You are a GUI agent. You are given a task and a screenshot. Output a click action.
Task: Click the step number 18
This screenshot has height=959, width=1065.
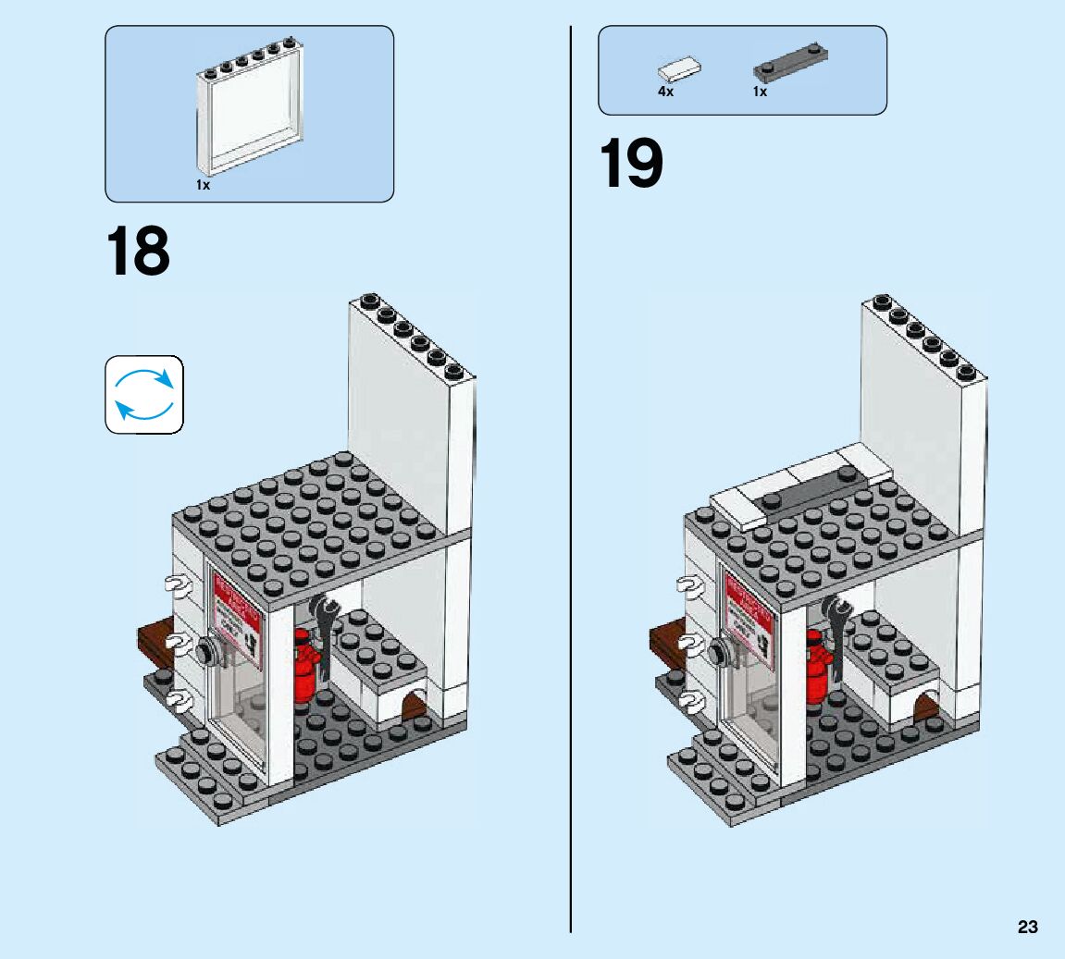[x=139, y=252]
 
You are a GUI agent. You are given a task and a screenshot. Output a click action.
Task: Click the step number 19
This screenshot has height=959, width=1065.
[x=632, y=164]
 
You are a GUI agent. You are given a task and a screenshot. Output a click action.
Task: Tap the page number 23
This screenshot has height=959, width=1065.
[x=1027, y=928]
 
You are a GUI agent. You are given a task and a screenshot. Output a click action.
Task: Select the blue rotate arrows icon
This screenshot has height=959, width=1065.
[x=144, y=395]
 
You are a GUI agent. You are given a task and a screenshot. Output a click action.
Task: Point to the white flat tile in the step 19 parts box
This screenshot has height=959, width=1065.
[x=679, y=69]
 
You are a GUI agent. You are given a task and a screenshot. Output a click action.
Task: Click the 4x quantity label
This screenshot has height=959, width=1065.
[x=665, y=92]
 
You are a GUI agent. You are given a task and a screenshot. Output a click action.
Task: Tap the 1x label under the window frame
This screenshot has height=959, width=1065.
[x=203, y=185]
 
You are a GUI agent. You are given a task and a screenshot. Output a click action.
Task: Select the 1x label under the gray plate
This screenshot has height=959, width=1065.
[x=760, y=92]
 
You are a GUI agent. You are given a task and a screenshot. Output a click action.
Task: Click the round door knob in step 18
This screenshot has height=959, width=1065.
[x=208, y=653]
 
